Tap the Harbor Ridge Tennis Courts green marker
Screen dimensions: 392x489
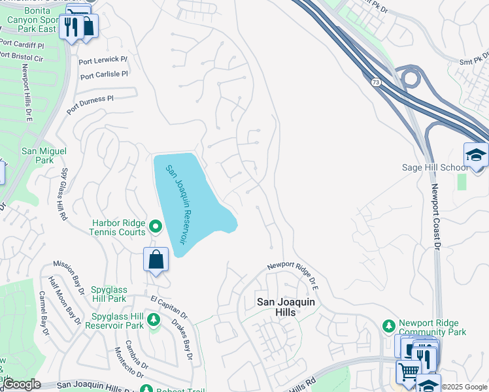[155, 227]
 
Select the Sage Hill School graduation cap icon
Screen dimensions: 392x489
[476, 155]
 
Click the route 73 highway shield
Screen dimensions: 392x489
[375, 82]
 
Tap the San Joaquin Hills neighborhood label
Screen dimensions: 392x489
[285, 307]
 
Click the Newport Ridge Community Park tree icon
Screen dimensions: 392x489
[388, 325]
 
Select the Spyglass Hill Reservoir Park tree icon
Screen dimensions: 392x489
[154, 319]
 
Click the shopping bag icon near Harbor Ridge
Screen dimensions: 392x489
[156, 259]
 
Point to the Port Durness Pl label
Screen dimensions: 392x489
[90, 103]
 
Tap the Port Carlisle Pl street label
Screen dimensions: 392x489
[103, 75]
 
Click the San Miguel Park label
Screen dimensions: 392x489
[44, 155]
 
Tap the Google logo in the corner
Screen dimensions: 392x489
[21, 384]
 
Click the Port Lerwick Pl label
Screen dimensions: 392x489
[103, 61]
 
